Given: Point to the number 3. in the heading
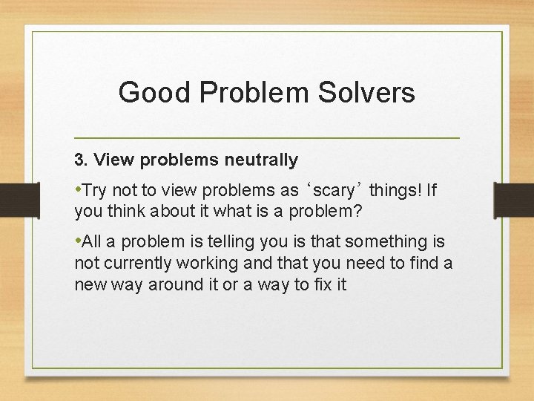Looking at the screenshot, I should (x=81, y=160).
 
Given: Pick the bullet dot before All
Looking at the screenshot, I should (x=77, y=241).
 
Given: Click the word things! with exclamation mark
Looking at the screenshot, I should (x=395, y=191).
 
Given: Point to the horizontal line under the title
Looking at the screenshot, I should (x=267, y=138).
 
